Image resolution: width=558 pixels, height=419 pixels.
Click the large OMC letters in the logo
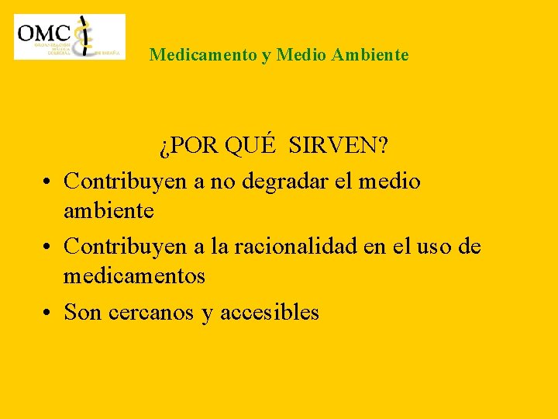click(44, 32)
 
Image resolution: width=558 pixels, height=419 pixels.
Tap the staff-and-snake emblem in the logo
click(85, 36)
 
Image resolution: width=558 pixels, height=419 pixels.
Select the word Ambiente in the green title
click(370, 55)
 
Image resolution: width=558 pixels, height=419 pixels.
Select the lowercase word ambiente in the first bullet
click(108, 210)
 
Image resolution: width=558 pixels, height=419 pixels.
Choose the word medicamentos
click(134, 275)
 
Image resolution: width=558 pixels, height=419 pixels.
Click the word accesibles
click(270, 313)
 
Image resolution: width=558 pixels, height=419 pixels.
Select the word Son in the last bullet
click(83, 313)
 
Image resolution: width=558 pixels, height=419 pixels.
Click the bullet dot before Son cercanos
click(48, 313)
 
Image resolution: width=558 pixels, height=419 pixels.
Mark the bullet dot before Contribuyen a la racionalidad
click(48, 248)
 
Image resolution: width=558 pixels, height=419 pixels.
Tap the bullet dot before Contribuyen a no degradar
click(48, 182)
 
